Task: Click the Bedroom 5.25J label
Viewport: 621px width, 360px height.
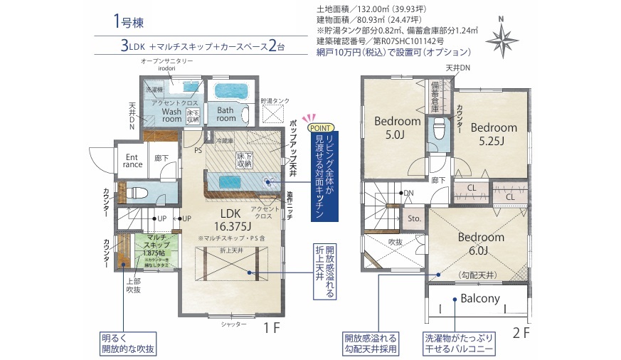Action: [x=493, y=133]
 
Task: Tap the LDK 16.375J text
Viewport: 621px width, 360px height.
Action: [x=231, y=218]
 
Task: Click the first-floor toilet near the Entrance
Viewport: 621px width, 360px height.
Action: [x=138, y=192]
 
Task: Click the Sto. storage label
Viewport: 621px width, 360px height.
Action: [x=414, y=220]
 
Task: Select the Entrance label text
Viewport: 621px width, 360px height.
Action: [x=133, y=160]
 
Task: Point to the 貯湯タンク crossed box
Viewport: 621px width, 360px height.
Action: [x=273, y=114]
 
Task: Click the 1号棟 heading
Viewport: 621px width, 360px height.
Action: [x=128, y=22]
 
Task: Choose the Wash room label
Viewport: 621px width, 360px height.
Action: [x=171, y=115]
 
